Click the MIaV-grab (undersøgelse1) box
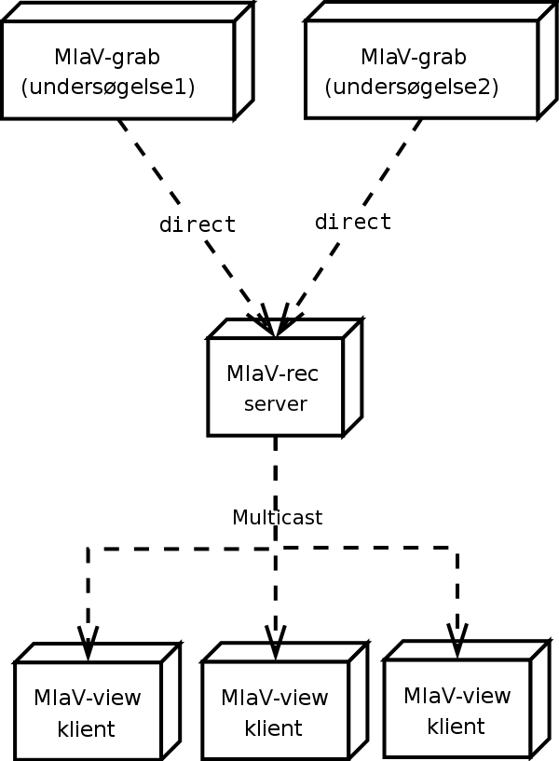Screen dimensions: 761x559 (x=117, y=71)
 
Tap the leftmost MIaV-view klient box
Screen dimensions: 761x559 (x=88, y=712)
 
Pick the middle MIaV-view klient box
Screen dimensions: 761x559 (x=275, y=712)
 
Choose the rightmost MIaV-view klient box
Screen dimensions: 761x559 (x=457, y=710)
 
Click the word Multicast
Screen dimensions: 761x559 (x=277, y=518)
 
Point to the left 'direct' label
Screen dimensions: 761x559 (x=198, y=224)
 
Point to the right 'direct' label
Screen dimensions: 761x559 (x=353, y=223)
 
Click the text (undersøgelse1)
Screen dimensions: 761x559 (x=107, y=88)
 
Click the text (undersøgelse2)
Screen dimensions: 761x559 (x=411, y=88)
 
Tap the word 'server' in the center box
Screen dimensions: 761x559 (x=275, y=404)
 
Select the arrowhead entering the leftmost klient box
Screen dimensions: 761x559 (x=88, y=645)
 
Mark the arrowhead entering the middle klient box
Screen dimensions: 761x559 (x=276, y=643)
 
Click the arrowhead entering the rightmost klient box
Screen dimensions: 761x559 (x=457, y=642)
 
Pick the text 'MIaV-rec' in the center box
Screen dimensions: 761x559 (x=272, y=374)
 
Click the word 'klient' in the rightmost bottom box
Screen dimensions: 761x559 (x=457, y=727)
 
